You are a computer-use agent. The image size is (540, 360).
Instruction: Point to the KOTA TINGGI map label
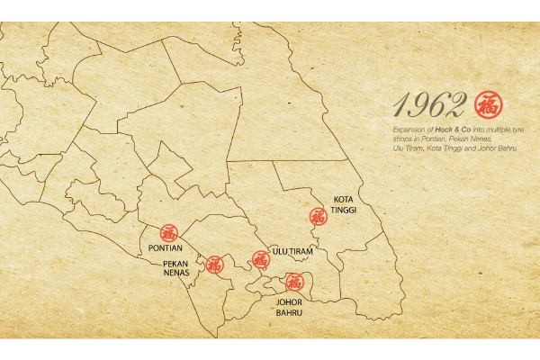click(x=344, y=204)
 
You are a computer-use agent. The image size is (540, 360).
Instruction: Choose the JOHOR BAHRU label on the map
click(x=289, y=308)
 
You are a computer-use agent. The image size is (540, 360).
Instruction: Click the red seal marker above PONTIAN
click(x=169, y=232)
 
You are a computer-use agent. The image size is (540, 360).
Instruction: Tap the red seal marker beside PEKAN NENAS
click(x=214, y=265)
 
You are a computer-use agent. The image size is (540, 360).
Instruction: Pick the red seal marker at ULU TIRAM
click(x=260, y=259)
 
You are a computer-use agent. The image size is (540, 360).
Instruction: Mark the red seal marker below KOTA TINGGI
click(x=317, y=217)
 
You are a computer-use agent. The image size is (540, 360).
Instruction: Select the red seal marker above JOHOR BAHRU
click(x=293, y=282)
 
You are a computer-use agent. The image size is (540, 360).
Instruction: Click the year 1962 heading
click(x=430, y=106)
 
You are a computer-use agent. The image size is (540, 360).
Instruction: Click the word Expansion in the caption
click(x=409, y=131)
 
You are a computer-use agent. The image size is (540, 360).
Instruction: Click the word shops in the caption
click(x=401, y=139)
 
